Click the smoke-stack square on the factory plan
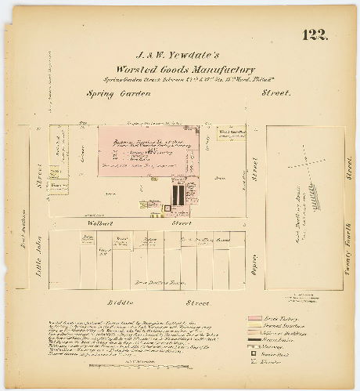(166, 208)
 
